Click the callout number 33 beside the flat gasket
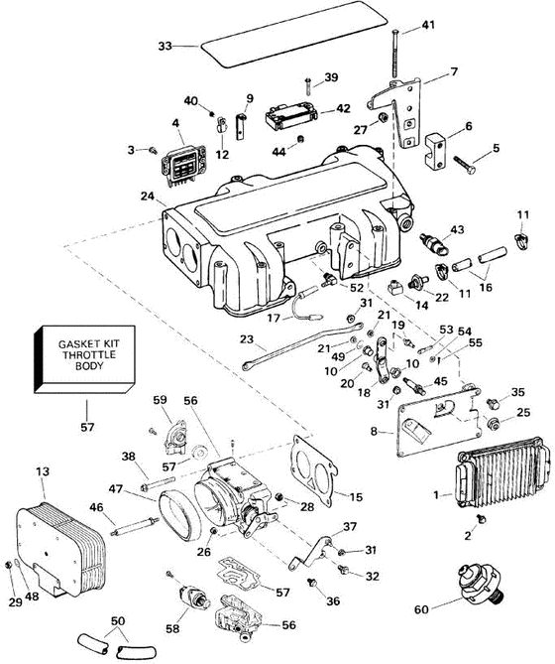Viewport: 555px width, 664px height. pyautogui.click(x=166, y=46)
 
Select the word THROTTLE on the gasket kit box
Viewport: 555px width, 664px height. pyautogui.click(x=89, y=354)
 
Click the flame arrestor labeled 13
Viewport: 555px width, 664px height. pyautogui.click(x=60, y=548)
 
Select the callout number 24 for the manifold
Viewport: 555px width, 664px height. pyautogui.click(x=148, y=197)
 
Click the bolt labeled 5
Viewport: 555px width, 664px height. pyautogui.click(x=465, y=165)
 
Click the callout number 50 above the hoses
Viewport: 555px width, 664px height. pyautogui.click(x=118, y=621)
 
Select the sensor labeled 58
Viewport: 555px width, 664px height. pyautogui.click(x=194, y=597)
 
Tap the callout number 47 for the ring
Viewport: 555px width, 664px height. pyautogui.click(x=115, y=489)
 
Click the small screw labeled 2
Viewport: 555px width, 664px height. pyautogui.click(x=481, y=518)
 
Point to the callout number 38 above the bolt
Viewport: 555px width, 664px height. pyautogui.click(x=129, y=457)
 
